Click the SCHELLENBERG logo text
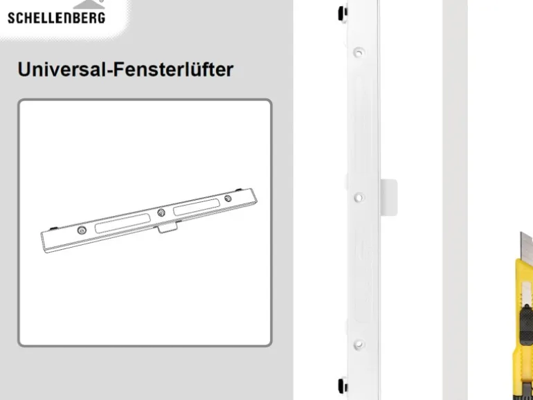(x=57, y=18)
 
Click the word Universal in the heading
(x=62, y=69)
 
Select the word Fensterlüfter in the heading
(x=173, y=69)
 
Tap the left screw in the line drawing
(x=82, y=230)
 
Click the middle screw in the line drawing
(x=161, y=212)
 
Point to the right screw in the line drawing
(x=228, y=198)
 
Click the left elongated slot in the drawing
(x=123, y=224)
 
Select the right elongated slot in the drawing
(x=197, y=208)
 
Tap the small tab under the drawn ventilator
(x=167, y=227)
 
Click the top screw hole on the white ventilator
(x=359, y=53)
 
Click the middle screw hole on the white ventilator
(x=359, y=197)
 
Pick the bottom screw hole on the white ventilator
(x=359, y=345)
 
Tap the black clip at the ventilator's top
(x=343, y=13)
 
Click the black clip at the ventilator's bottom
(x=343, y=385)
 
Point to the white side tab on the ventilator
(x=388, y=197)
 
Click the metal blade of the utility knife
(x=527, y=246)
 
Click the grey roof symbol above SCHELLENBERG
(x=89, y=3)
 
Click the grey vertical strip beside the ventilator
(x=455, y=200)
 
